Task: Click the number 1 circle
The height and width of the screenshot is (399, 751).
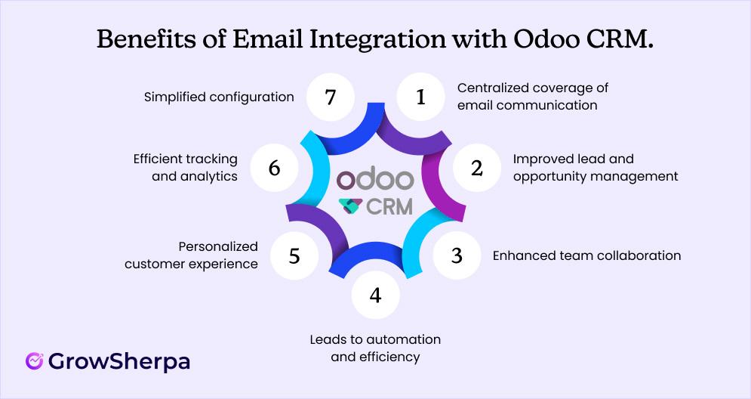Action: pyautogui.click(x=421, y=97)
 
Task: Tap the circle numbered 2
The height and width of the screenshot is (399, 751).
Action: pyautogui.click(x=476, y=168)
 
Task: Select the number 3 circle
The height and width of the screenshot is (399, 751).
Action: pyautogui.click(x=456, y=255)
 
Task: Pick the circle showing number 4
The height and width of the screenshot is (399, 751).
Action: pyautogui.click(x=375, y=294)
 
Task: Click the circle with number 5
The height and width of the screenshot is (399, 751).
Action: pyautogui.click(x=294, y=255)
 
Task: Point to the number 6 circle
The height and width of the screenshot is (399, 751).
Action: pyautogui.click(x=274, y=168)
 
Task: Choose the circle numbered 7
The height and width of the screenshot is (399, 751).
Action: pyautogui.click(x=329, y=97)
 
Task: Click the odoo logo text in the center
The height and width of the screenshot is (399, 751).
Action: pyautogui.click(x=375, y=180)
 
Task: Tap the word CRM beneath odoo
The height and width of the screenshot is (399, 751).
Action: pyautogui.click(x=389, y=206)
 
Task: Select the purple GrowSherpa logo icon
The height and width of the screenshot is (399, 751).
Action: pyautogui.click(x=33, y=361)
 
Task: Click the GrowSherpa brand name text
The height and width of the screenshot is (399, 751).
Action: pyautogui.click(x=118, y=361)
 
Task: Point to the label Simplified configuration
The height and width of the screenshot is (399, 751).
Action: pyautogui.click(x=218, y=97)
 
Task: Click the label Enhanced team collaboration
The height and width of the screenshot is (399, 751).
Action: pyautogui.click(x=586, y=255)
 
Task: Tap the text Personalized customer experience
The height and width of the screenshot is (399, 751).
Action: pyautogui.click(x=191, y=255)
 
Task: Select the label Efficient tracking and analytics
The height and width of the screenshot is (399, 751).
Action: pyautogui.click(x=185, y=168)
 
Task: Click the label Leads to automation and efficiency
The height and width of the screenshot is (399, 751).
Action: pyautogui.click(x=375, y=348)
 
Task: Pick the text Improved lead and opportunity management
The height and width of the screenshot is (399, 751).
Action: pyautogui.click(x=595, y=168)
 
